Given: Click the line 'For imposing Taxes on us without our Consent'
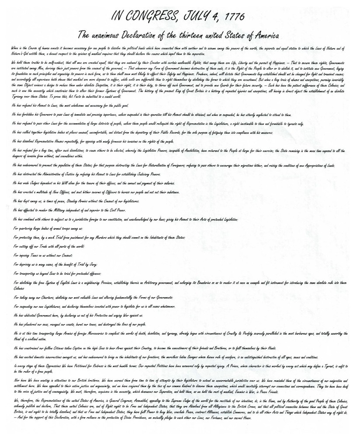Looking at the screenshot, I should click(42, 255).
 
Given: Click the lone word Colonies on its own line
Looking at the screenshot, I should click(19, 288).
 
